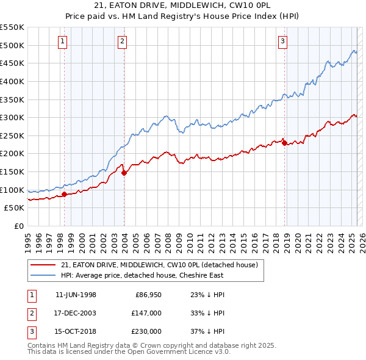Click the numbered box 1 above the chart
(64, 41)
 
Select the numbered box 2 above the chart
(123, 41)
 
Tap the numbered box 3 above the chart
(283, 41)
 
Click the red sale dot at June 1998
(64, 195)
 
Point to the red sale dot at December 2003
(124, 173)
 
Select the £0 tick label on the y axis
(20, 226)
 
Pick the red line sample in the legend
(42, 265)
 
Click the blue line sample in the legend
(42, 275)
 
